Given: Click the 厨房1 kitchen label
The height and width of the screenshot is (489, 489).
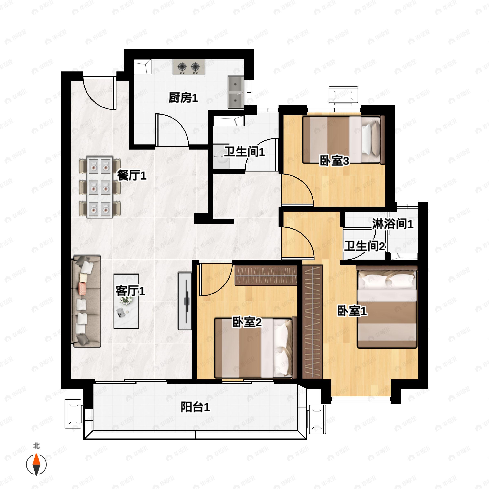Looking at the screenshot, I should click(183, 98).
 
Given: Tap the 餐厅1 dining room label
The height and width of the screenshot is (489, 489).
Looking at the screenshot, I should click(132, 175).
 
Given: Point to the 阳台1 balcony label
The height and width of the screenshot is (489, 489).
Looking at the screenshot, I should click(195, 407).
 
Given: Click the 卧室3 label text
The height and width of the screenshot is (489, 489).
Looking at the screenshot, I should click(334, 161).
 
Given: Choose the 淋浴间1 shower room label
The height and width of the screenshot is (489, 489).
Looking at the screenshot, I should click(393, 224).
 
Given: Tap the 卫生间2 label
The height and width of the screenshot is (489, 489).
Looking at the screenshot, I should click(365, 246).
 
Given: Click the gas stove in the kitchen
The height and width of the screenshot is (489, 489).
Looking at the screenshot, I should click(188, 67).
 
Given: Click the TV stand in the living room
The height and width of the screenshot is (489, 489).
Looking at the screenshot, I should click(185, 301).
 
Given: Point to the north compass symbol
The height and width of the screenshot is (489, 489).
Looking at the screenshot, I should click(36, 465).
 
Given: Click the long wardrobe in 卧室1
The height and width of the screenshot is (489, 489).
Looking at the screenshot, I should click(312, 322).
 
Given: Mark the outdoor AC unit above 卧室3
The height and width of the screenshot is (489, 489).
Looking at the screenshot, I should click(343, 95).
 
